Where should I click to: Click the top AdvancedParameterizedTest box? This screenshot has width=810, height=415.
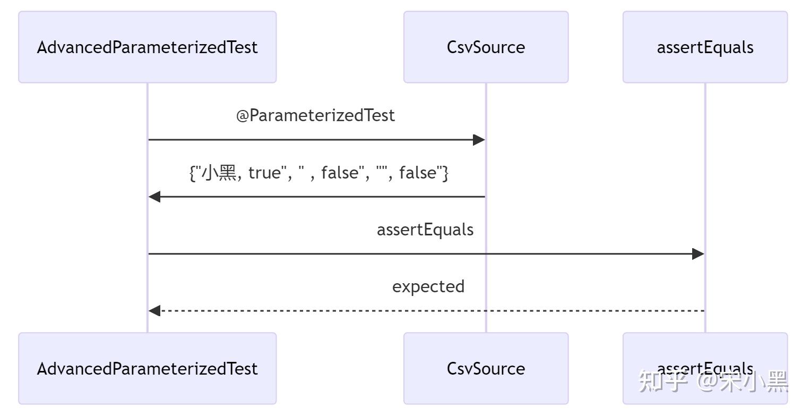(148, 47)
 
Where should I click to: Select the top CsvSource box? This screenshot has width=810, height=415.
(486, 47)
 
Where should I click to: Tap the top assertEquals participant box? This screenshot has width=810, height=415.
(705, 47)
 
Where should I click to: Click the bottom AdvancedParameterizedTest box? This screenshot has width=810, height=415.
(148, 369)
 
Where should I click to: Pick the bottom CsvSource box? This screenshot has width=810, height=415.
(486, 369)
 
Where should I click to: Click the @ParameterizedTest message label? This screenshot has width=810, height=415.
(316, 116)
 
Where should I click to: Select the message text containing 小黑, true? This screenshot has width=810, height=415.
(319, 173)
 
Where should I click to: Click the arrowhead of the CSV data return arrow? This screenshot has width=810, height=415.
(154, 197)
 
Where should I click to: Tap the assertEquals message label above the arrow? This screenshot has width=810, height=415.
(425, 230)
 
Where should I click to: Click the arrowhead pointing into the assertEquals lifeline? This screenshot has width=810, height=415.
(698, 254)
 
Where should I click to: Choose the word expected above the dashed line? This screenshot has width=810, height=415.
(428, 286)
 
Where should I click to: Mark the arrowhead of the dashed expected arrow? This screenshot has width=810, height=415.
(154, 311)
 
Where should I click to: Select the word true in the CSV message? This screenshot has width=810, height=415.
(264, 173)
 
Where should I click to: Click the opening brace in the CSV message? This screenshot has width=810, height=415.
(192, 173)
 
